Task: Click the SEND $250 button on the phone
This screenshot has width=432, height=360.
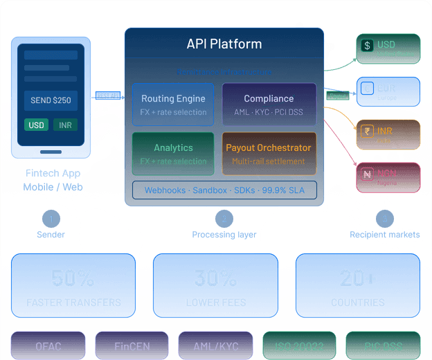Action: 51,100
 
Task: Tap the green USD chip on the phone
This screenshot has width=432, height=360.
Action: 37,125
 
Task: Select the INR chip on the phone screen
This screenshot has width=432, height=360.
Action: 65,125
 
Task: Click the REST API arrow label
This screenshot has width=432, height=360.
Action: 108,96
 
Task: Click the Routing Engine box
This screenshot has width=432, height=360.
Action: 174,105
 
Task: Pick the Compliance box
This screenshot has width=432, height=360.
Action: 269,105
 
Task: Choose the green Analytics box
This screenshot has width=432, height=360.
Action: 174,154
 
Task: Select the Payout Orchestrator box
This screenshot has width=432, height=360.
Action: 269,154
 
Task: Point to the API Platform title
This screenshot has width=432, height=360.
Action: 224,44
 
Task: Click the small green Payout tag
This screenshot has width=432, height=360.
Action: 337,96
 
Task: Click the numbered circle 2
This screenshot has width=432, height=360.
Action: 224,219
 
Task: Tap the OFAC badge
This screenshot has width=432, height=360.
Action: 48,345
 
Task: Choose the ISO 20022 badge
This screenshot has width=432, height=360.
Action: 299,345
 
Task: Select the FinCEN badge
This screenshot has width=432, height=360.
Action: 132,345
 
